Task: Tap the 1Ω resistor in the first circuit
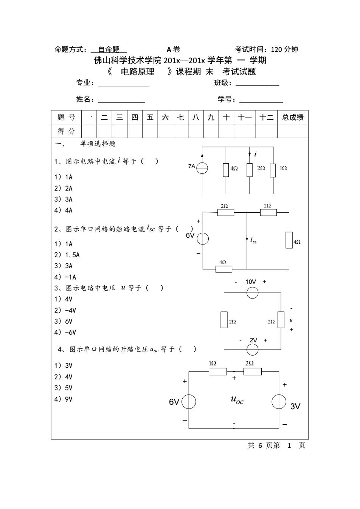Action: [x=273, y=170]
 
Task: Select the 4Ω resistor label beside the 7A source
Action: [x=234, y=169]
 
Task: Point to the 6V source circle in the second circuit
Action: [x=203, y=238]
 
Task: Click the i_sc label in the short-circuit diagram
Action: [x=254, y=240]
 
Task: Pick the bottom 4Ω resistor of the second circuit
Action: [x=224, y=269]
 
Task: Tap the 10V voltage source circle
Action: [x=252, y=292]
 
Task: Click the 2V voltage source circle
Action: [x=252, y=349]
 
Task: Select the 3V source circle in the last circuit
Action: [x=279, y=402]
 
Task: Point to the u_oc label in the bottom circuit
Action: [x=237, y=399]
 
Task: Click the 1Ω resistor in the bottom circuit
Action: [x=218, y=371]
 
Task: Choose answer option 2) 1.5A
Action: [x=67, y=255]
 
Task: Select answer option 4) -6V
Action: [x=65, y=332]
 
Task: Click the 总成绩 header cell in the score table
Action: [x=293, y=117]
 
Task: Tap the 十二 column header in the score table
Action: [x=267, y=117]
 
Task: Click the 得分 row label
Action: [x=66, y=131]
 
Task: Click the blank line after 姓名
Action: [x=121, y=103]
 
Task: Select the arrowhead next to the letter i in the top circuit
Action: [x=250, y=154]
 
